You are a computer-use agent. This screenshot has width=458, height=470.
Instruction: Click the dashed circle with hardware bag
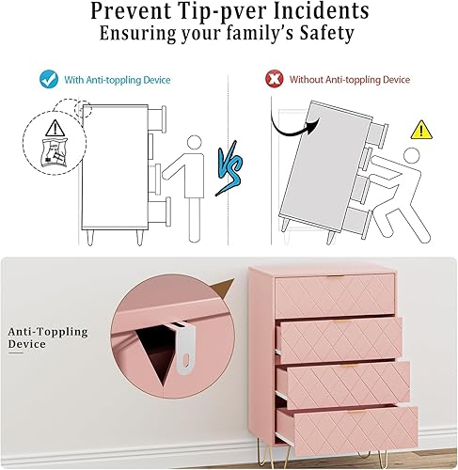click(x=48, y=140)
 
